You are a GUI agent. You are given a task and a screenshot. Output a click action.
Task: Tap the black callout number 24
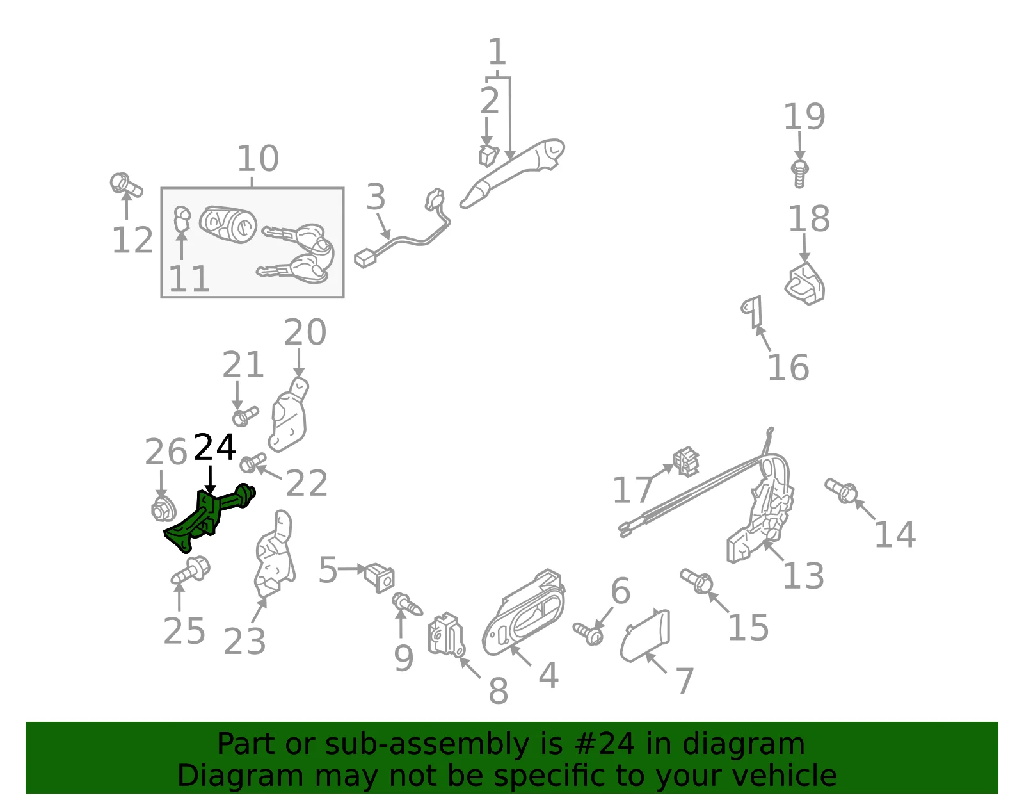click(x=214, y=447)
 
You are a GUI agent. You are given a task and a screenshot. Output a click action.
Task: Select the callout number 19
click(x=804, y=117)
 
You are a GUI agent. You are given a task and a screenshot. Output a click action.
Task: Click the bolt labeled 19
click(x=800, y=173)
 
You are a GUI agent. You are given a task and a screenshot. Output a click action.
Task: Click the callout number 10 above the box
click(x=258, y=158)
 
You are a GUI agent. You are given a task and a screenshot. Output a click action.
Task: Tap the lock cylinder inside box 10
click(x=228, y=224)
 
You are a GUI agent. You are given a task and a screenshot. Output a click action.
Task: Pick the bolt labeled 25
click(x=191, y=570)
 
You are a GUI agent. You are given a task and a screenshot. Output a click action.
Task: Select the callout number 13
click(x=803, y=576)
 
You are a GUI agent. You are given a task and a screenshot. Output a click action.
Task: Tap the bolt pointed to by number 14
click(x=841, y=491)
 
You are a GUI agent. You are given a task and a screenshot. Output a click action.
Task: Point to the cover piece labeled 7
click(x=644, y=636)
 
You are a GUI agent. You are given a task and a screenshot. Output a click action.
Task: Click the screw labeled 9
click(x=408, y=604)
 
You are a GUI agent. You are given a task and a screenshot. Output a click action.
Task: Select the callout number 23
click(x=244, y=642)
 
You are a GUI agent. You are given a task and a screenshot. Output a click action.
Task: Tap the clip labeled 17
click(x=686, y=461)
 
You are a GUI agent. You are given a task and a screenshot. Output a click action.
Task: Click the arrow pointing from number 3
click(x=383, y=226)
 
